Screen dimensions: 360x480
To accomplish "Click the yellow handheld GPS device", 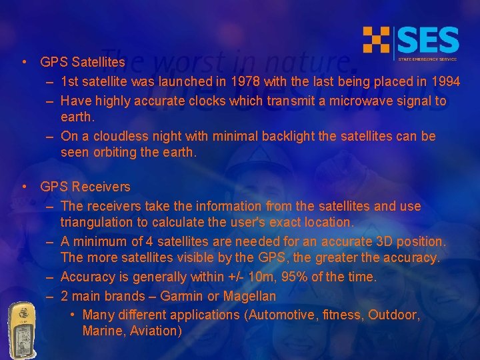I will coord(21,329).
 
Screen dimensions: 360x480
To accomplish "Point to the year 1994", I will coord(444,82).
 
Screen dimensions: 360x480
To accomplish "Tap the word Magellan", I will coord(249,296).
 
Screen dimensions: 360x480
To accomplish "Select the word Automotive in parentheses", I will coord(279,315).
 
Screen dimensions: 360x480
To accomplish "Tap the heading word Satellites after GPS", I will coord(98,62).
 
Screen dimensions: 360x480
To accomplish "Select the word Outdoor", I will coord(393,315).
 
